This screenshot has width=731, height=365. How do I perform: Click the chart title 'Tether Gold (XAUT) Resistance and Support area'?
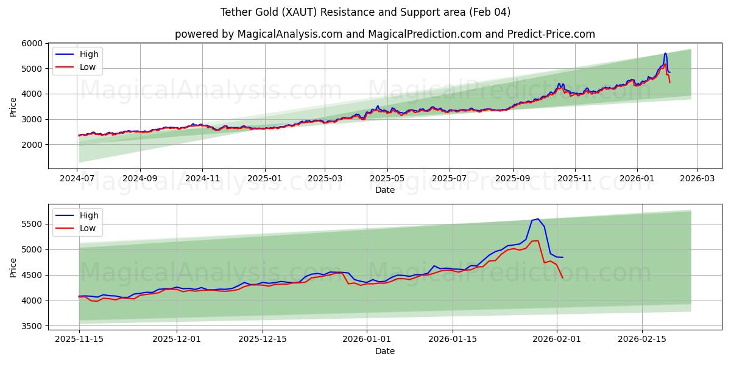pos(365,12)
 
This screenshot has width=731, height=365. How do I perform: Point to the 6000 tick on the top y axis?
pos(31,43)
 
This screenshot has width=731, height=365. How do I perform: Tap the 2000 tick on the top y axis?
pos(31,145)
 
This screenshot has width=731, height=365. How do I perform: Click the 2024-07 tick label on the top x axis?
pos(77,179)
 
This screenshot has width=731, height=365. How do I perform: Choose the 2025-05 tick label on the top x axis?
pos(387,179)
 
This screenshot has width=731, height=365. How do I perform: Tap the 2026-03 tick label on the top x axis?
pos(697,179)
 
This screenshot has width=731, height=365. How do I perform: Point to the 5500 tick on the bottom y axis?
pos(31,224)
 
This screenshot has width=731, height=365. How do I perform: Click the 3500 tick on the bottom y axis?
pos(31,326)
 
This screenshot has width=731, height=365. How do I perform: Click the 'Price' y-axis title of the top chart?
pos(13,106)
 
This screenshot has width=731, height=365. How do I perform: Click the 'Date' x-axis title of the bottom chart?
pos(384,351)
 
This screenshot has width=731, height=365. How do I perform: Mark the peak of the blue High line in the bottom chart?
pos(538,219)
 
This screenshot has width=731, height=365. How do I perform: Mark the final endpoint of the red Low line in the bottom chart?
pos(562,278)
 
